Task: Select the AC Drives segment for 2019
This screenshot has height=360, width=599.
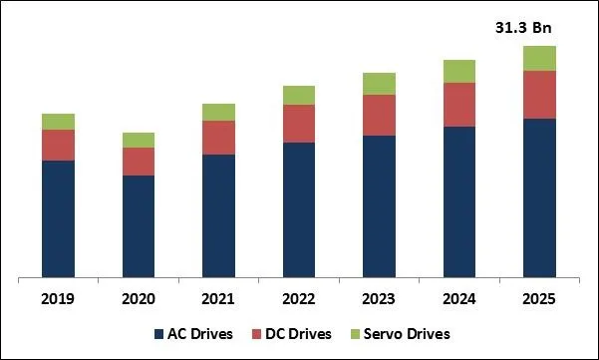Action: coord(58,218)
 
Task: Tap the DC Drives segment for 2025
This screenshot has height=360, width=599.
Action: coord(539,95)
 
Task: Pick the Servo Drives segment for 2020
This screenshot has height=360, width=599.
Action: coord(139,140)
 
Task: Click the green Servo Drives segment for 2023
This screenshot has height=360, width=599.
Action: coord(379,84)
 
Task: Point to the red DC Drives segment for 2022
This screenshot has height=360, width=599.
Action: coord(299,124)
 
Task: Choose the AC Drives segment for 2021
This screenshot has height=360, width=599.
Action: coord(218,215)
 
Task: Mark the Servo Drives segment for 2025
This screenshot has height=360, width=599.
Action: coord(539,58)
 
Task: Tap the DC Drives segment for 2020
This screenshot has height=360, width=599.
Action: coord(139,162)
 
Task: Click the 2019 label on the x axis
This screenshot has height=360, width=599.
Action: coord(58,298)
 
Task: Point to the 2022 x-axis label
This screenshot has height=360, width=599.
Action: coord(299,298)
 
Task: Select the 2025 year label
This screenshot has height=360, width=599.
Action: coord(539,298)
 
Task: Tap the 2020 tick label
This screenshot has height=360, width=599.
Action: coord(139,298)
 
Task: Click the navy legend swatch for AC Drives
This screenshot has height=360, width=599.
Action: coord(159,333)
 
